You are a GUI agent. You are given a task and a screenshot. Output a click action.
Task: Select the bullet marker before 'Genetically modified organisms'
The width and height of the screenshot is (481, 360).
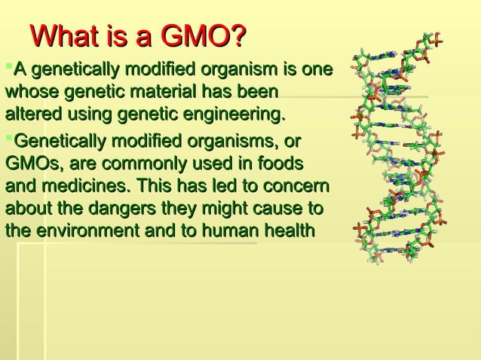point(9,138)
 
